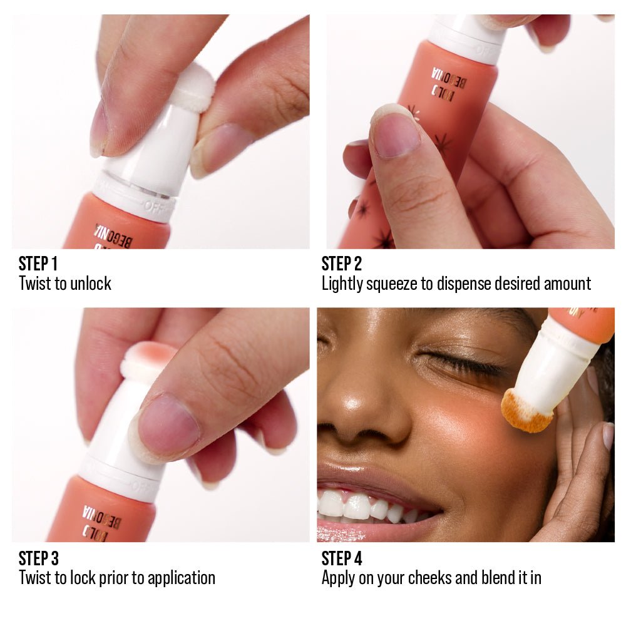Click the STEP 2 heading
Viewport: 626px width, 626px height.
tap(342, 264)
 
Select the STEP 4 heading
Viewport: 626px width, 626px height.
tap(342, 558)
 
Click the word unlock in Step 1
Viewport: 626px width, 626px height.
tap(91, 284)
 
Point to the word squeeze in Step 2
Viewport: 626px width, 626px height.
tap(391, 284)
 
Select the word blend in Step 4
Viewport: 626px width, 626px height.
tap(501, 578)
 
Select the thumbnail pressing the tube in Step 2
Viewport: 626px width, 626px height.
tap(396, 131)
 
